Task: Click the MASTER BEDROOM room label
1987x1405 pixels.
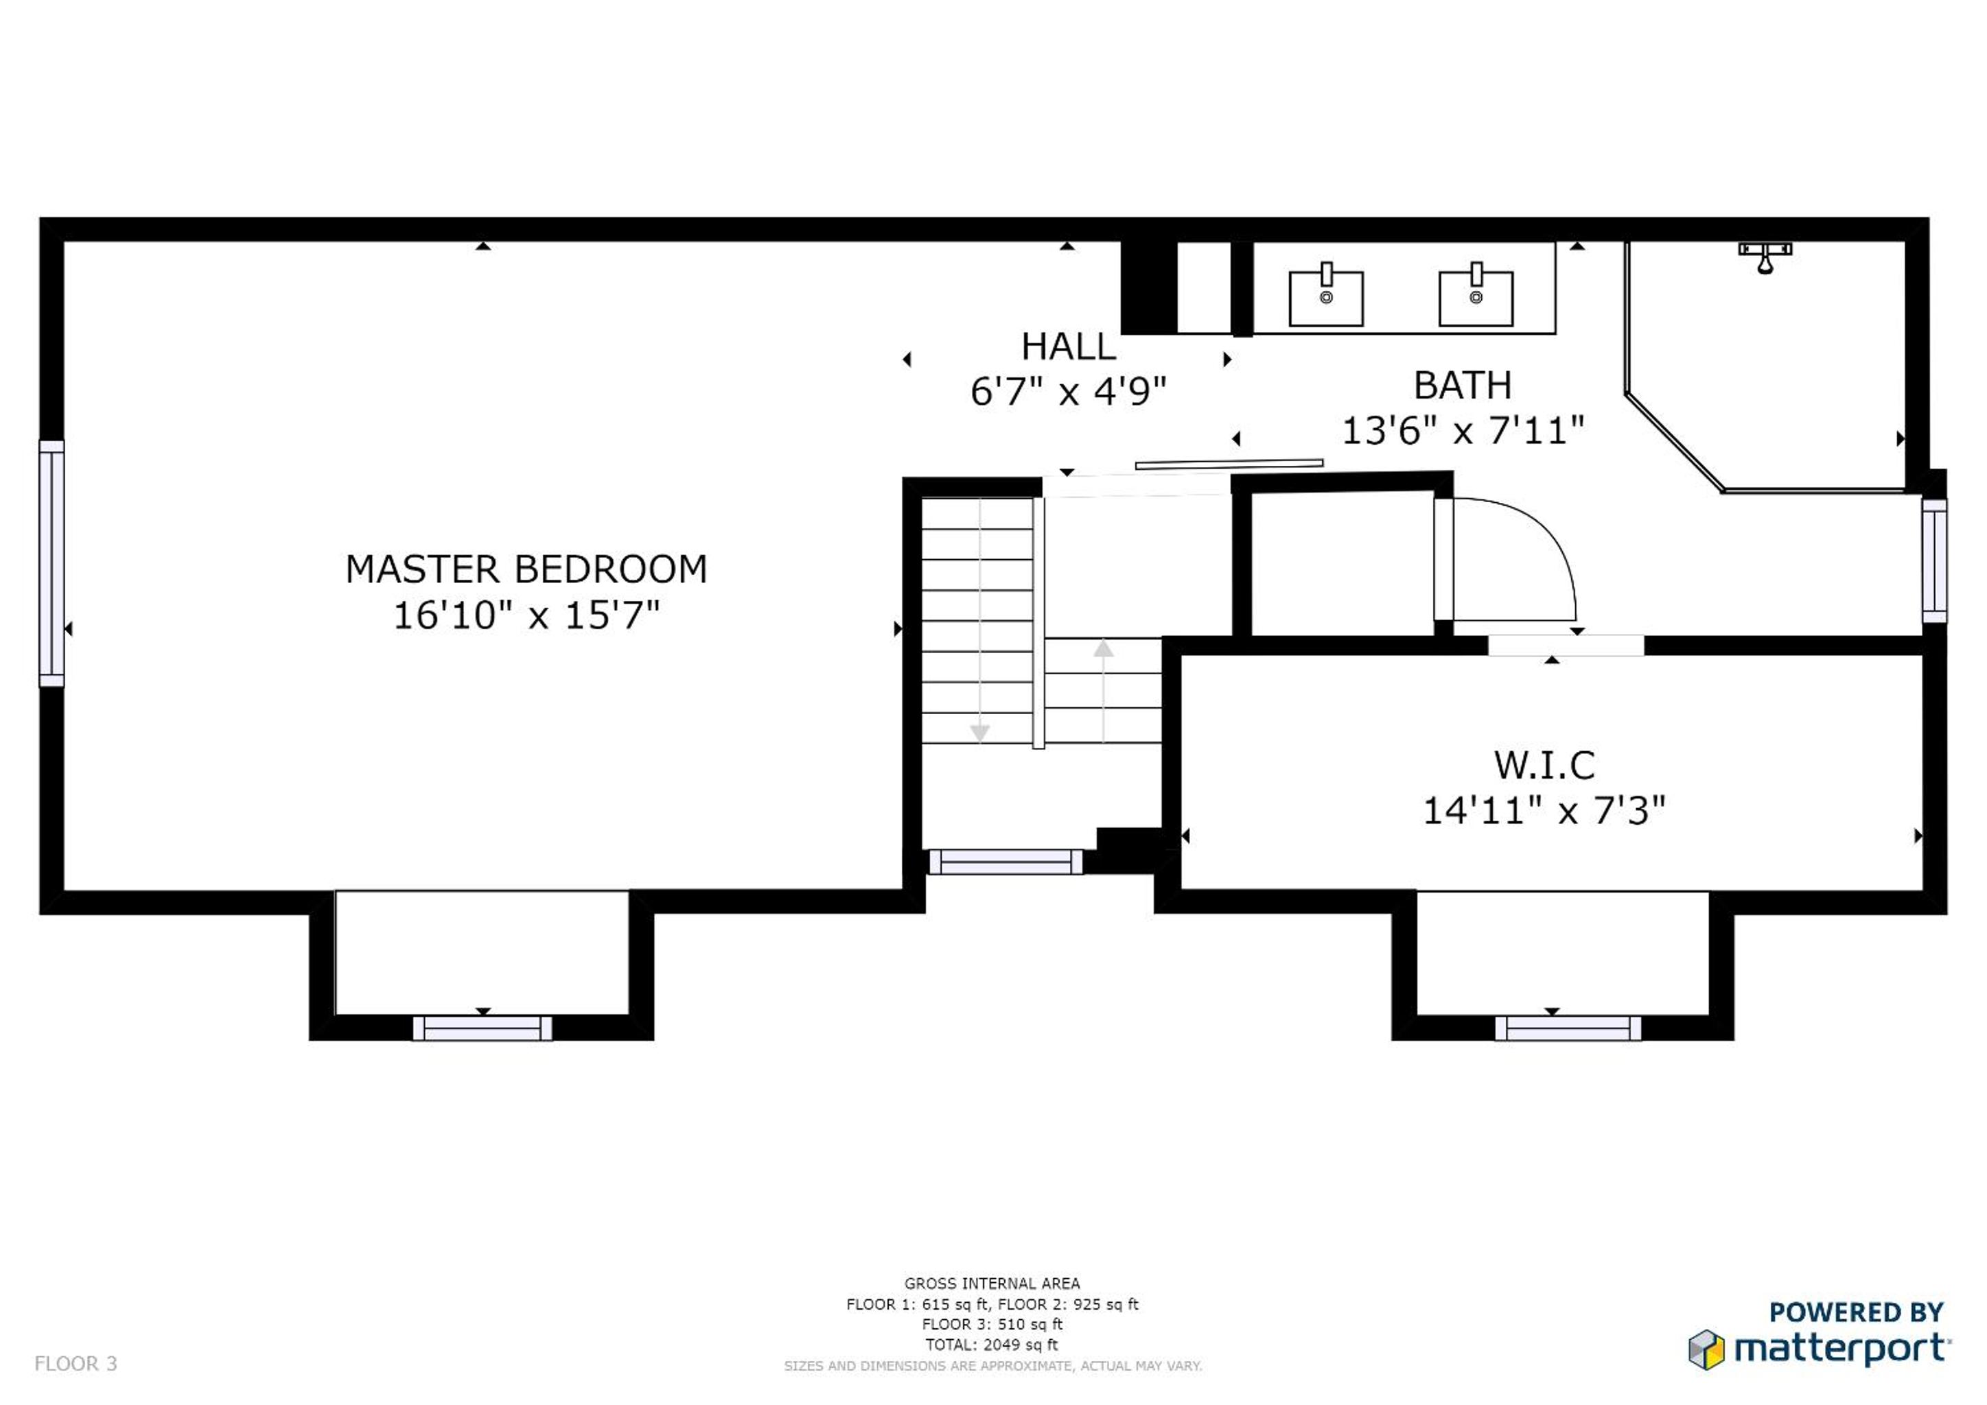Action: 526,569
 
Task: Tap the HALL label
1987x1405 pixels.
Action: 1069,347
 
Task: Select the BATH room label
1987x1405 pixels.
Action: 1463,385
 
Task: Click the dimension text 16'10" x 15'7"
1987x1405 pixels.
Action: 526,616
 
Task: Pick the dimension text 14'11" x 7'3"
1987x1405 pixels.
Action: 1545,812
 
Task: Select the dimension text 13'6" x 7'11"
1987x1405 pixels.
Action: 1463,431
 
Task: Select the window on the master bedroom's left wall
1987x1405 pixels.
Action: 52,563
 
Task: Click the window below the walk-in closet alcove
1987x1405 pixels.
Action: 1568,1028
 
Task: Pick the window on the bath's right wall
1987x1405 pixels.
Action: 1934,560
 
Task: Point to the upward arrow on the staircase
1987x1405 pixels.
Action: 1104,690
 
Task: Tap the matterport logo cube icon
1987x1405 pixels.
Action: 1706,1349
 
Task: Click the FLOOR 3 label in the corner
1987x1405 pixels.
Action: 75,1363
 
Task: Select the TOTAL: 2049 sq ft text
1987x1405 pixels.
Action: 992,1345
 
